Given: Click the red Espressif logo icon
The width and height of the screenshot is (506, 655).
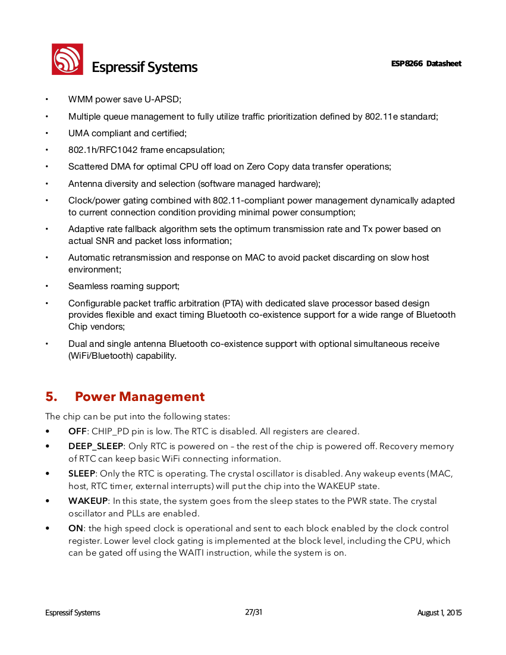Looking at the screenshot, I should (67, 59).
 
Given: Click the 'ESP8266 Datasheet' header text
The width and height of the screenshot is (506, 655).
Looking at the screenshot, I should (426, 64).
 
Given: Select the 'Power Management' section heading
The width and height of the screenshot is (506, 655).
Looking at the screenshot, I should (140, 397).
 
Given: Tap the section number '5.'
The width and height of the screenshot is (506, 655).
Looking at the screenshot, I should (52, 397).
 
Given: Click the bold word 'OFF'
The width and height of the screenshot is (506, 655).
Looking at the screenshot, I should (77, 431).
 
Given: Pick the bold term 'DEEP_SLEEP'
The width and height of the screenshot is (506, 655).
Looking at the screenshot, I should (96, 446).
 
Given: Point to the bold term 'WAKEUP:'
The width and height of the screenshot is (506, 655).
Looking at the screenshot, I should (89, 501).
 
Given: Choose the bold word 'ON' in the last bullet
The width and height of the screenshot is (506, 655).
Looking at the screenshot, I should (76, 528).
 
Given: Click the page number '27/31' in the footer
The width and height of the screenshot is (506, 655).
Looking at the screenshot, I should (253, 612).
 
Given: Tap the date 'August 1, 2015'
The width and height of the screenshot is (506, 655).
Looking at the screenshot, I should (439, 613).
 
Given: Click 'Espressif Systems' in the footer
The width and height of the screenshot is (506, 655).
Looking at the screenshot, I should (73, 613).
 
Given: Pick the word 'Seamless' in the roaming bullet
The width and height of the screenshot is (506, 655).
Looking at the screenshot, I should (85, 286).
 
